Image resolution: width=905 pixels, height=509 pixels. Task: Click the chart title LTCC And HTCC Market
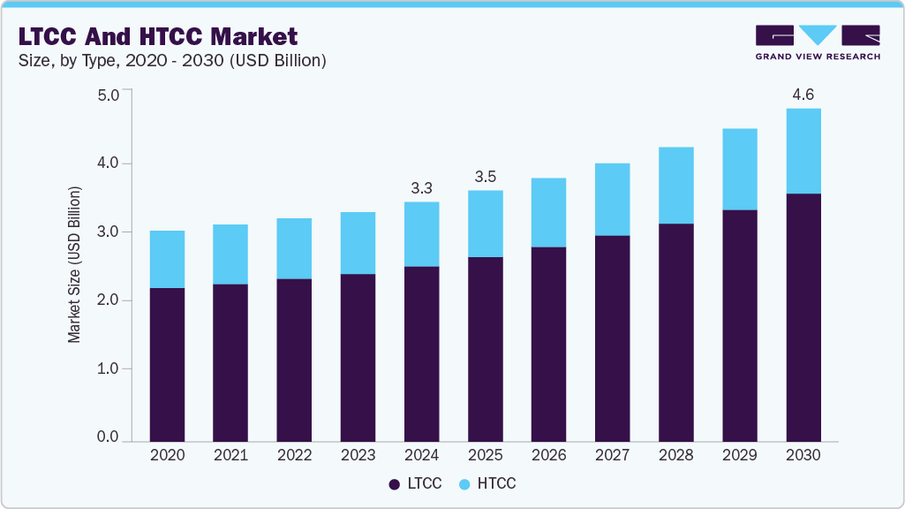pyautogui.click(x=158, y=36)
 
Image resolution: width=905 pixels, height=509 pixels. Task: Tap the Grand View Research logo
pyautogui.click(x=818, y=42)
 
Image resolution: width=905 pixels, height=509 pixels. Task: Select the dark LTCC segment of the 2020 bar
pyautogui.click(x=167, y=364)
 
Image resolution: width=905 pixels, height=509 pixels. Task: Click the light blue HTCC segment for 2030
pyautogui.click(x=803, y=151)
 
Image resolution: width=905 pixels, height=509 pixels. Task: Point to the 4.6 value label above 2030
pyautogui.click(x=803, y=95)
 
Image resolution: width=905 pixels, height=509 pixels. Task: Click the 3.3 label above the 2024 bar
pyautogui.click(x=421, y=188)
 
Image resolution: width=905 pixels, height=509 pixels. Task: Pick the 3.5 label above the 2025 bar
pyautogui.click(x=485, y=177)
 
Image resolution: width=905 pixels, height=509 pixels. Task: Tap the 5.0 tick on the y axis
pyautogui.click(x=108, y=95)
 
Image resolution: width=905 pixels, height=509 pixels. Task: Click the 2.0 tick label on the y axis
pyautogui.click(x=108, y=300)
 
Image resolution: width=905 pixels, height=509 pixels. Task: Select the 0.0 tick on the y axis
pyautogui.click(x=108, y=437)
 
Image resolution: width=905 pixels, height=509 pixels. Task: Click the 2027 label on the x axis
pyautogui.click(x=612, y=455)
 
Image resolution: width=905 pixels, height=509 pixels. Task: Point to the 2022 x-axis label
pyautogui.click(x=294, y=455)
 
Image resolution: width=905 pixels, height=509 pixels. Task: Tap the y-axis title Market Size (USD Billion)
pyautogui.click(x=75, y=265)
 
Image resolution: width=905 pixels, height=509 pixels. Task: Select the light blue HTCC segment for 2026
pyautogui.click(x=548, y=212)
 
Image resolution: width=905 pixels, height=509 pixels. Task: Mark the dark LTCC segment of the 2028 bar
pyautogui.click(x=675, y=332)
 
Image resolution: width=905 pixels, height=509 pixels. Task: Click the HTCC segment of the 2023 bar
pyautogui.click(x=358, y=243)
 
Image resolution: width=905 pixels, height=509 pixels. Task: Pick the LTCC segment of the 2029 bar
pyautogui.click(x=739, y=325)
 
